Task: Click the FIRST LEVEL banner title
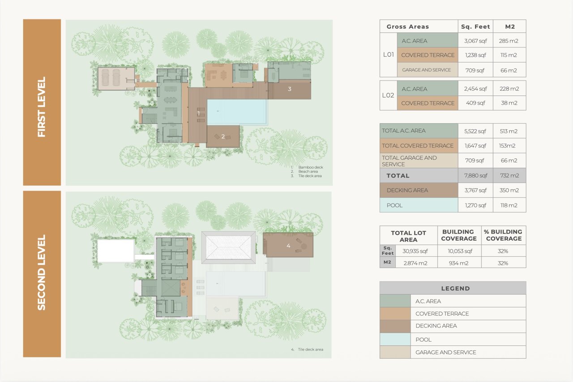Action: point(42,107)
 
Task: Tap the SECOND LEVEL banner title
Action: point(42,272)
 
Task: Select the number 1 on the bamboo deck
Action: point(198,113)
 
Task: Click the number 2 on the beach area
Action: point(223,136)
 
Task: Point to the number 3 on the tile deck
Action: point(289,89)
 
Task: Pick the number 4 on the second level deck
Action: point(288,246)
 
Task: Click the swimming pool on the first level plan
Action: point(237,112)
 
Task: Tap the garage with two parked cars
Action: point(116,78)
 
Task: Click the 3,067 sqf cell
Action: point(475,41)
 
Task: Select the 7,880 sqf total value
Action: point(475,176)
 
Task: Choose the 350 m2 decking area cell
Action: point(509,190)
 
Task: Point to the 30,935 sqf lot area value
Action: point(415,251)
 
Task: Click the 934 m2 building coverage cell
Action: point(458,263)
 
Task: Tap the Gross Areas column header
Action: point(408,26)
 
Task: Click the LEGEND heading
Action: point(455,289)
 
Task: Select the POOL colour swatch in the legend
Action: point(395,340)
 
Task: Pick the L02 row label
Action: point(388,95)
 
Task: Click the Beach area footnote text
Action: point(308,172)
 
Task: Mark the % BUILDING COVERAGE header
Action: point(504,235)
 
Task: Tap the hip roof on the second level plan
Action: point(228,247)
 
